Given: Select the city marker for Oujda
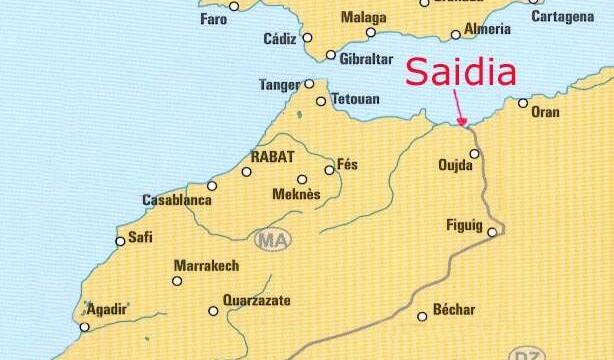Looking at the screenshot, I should (475, 154).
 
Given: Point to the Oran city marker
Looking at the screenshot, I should (523, 103).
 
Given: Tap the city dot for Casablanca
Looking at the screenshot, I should (211, 186).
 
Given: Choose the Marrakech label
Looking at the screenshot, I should (207, 266).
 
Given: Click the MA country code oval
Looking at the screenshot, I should (271, 240).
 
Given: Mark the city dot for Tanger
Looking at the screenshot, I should (309, 84).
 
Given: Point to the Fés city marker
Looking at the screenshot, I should (329, 170).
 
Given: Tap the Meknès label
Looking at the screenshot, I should (296, 194).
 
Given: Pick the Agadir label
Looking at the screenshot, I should (107, 309).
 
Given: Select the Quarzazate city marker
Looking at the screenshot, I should (213, 311).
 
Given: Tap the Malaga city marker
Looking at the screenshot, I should (371, 32).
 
